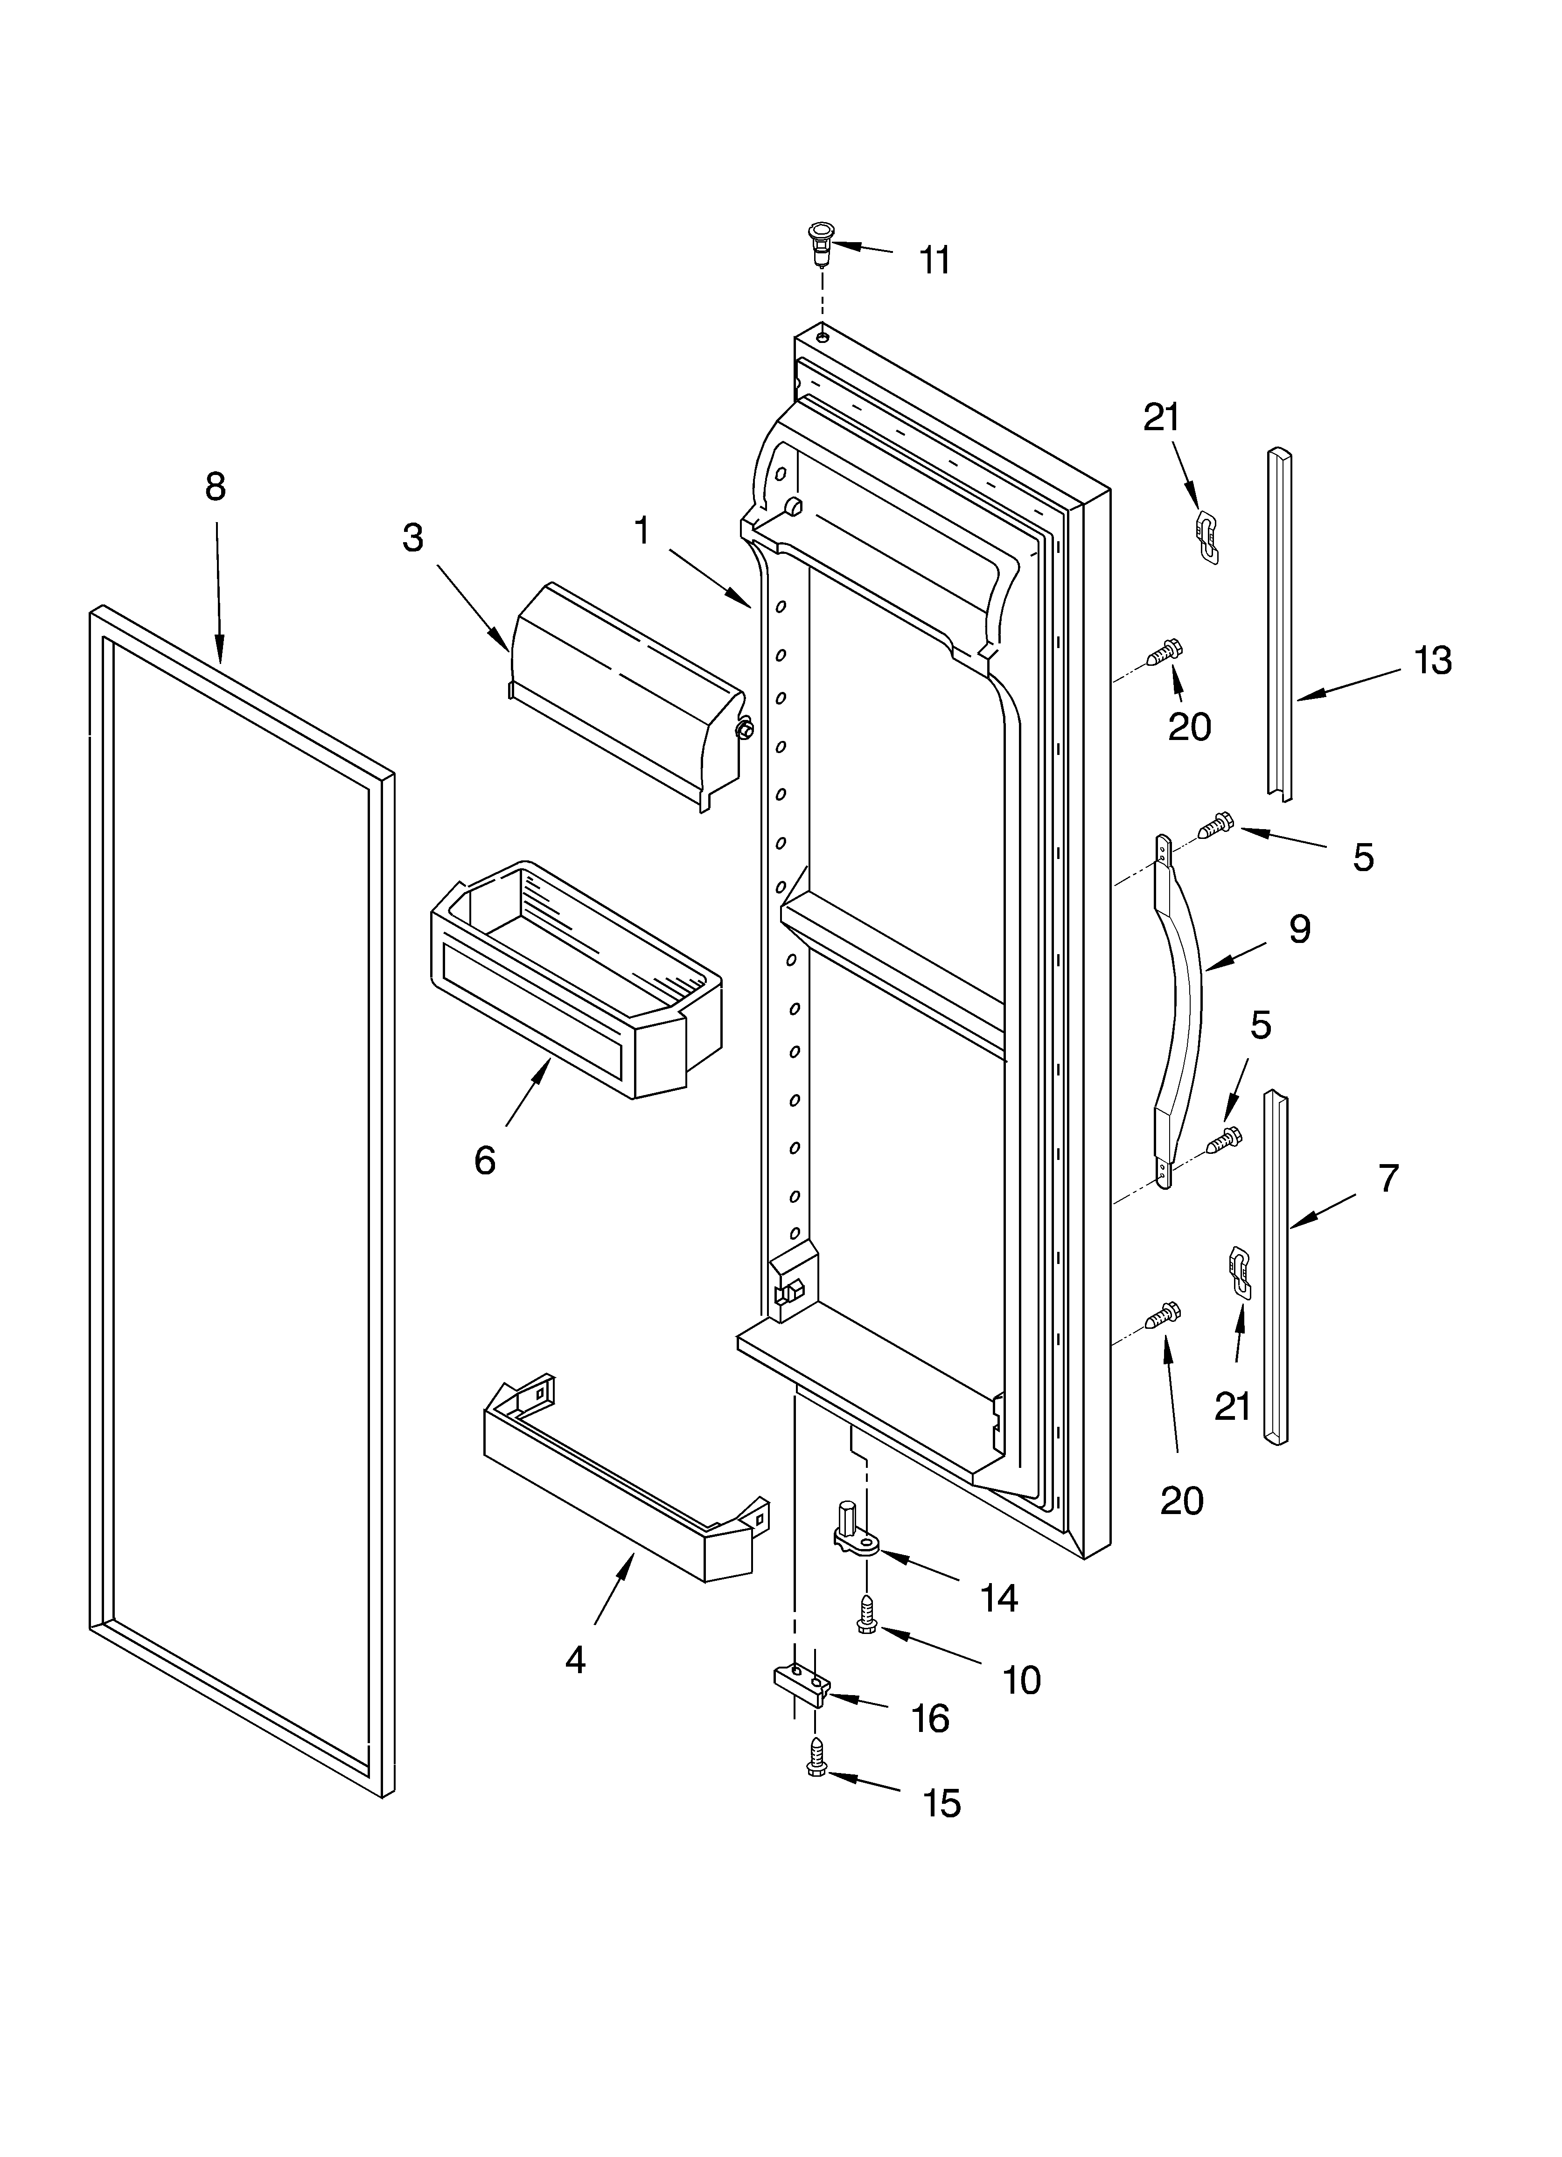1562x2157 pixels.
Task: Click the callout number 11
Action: (934, 259)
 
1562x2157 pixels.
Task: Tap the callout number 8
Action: (216, 487)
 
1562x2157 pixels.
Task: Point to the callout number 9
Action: (1299, 929)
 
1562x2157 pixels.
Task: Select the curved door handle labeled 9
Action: (1179, 1008)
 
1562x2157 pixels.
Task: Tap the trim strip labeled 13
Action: (1279, 623)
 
